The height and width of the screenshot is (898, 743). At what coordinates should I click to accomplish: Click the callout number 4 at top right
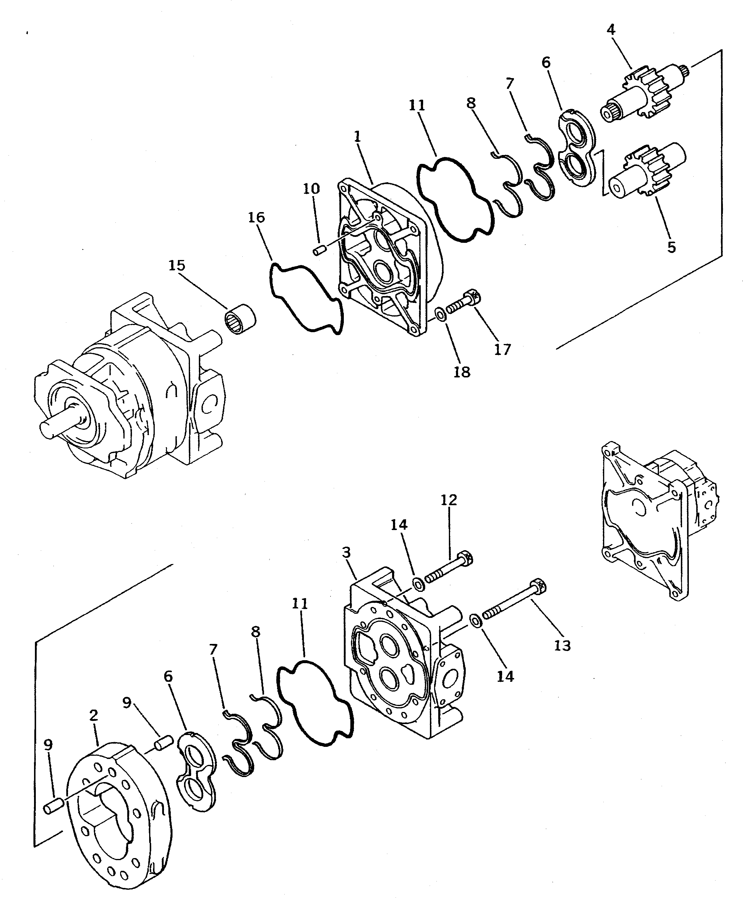click(610, 30)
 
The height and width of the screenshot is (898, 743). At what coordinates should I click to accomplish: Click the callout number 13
click(563, 645)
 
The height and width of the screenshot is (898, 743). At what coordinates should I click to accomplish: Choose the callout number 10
click(311, 189)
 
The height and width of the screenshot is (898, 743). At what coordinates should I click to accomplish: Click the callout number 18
click(462, 372)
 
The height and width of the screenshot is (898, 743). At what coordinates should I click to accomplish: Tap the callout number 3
click(346, 553)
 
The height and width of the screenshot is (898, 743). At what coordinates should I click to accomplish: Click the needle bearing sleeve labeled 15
click(240, 318)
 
